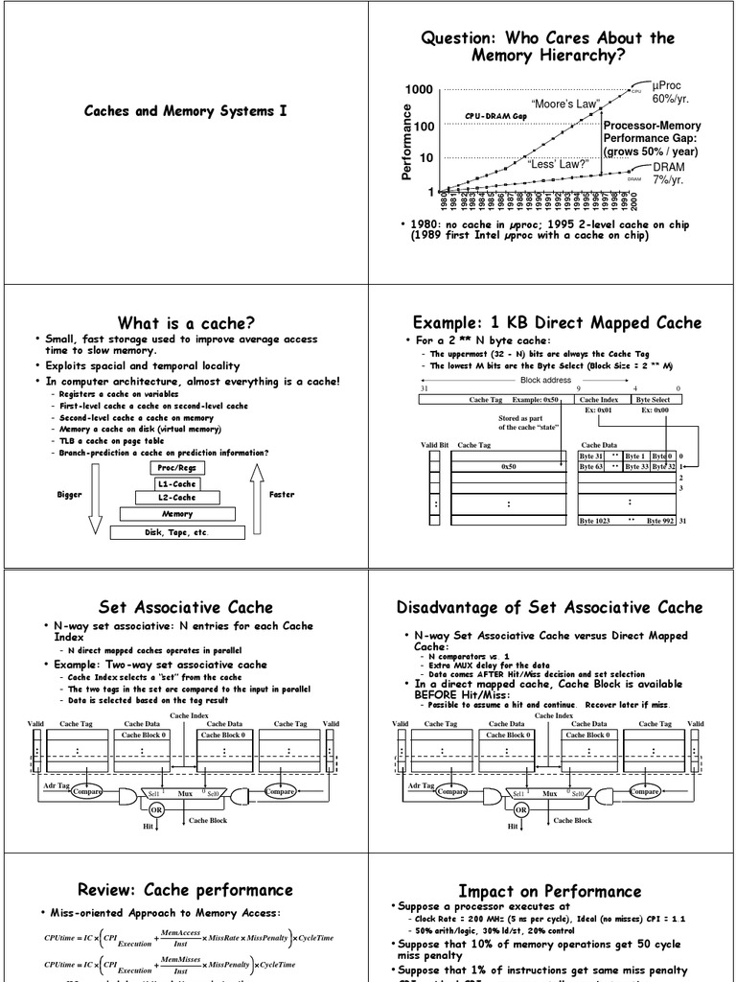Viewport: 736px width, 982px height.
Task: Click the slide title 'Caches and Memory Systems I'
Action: tap(185, 111)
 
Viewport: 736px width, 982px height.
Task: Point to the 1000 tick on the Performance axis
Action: tap(419, 90)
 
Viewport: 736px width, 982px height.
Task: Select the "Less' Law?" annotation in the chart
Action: tap(558, 164)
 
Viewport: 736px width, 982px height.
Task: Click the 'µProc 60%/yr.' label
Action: tap(671, 92)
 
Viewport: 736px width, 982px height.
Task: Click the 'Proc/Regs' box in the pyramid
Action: tap(177, 468)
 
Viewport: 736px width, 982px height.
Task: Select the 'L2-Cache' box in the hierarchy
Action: tap(177, 498)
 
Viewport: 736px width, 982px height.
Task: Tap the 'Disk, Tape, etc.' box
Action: tap(176, 532)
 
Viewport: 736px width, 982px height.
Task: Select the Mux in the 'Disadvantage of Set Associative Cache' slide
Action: tap(549, 794)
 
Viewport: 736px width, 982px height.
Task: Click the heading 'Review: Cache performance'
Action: tap(185, 890)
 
